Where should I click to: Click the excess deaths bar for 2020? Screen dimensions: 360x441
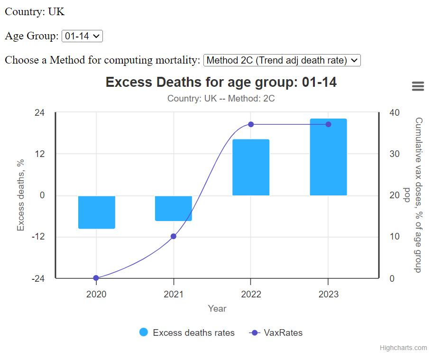97,212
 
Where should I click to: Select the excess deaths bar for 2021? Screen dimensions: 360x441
174,208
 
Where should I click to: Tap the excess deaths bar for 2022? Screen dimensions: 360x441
251,167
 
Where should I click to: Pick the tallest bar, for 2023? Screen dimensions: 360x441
328,157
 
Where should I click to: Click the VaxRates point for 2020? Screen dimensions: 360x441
96,278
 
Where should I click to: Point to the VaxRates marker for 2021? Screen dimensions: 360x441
174,236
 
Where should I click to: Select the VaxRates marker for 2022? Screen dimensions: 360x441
251,124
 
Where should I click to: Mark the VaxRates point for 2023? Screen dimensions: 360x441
328,124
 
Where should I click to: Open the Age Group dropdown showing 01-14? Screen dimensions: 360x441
82,36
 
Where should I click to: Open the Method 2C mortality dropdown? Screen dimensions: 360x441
282,60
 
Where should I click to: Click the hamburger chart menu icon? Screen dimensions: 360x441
418,86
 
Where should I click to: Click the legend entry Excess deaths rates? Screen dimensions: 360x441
187,332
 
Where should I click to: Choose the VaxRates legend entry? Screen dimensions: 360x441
276,332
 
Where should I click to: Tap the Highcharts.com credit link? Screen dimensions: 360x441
403,348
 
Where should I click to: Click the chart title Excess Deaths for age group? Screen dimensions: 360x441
221,82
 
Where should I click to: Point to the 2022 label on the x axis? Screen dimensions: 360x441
251,294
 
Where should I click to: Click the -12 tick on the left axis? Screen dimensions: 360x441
38,237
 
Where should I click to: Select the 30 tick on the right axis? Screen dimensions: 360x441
395,154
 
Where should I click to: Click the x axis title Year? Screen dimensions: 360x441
217,309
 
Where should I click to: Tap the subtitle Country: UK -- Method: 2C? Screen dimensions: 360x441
221,99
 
